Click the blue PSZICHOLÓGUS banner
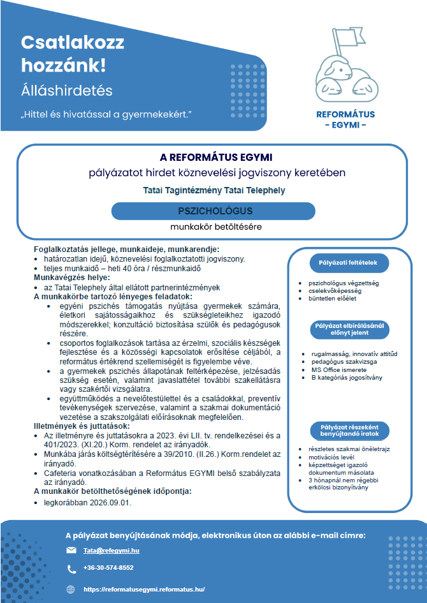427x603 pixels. pos(214,211)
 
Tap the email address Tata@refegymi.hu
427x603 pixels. pos(112,549)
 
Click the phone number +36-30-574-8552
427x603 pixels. pos(108,567)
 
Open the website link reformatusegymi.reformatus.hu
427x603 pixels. pos(144,589)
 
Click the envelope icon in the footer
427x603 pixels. pos(71,550)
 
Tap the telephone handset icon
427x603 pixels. pos(71,568)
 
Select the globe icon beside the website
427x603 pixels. pos(71,589)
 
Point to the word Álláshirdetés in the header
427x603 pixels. pos(67,90)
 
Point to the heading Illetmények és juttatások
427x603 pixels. pos(82,426)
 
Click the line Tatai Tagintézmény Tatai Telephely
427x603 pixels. pos(214,190)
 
